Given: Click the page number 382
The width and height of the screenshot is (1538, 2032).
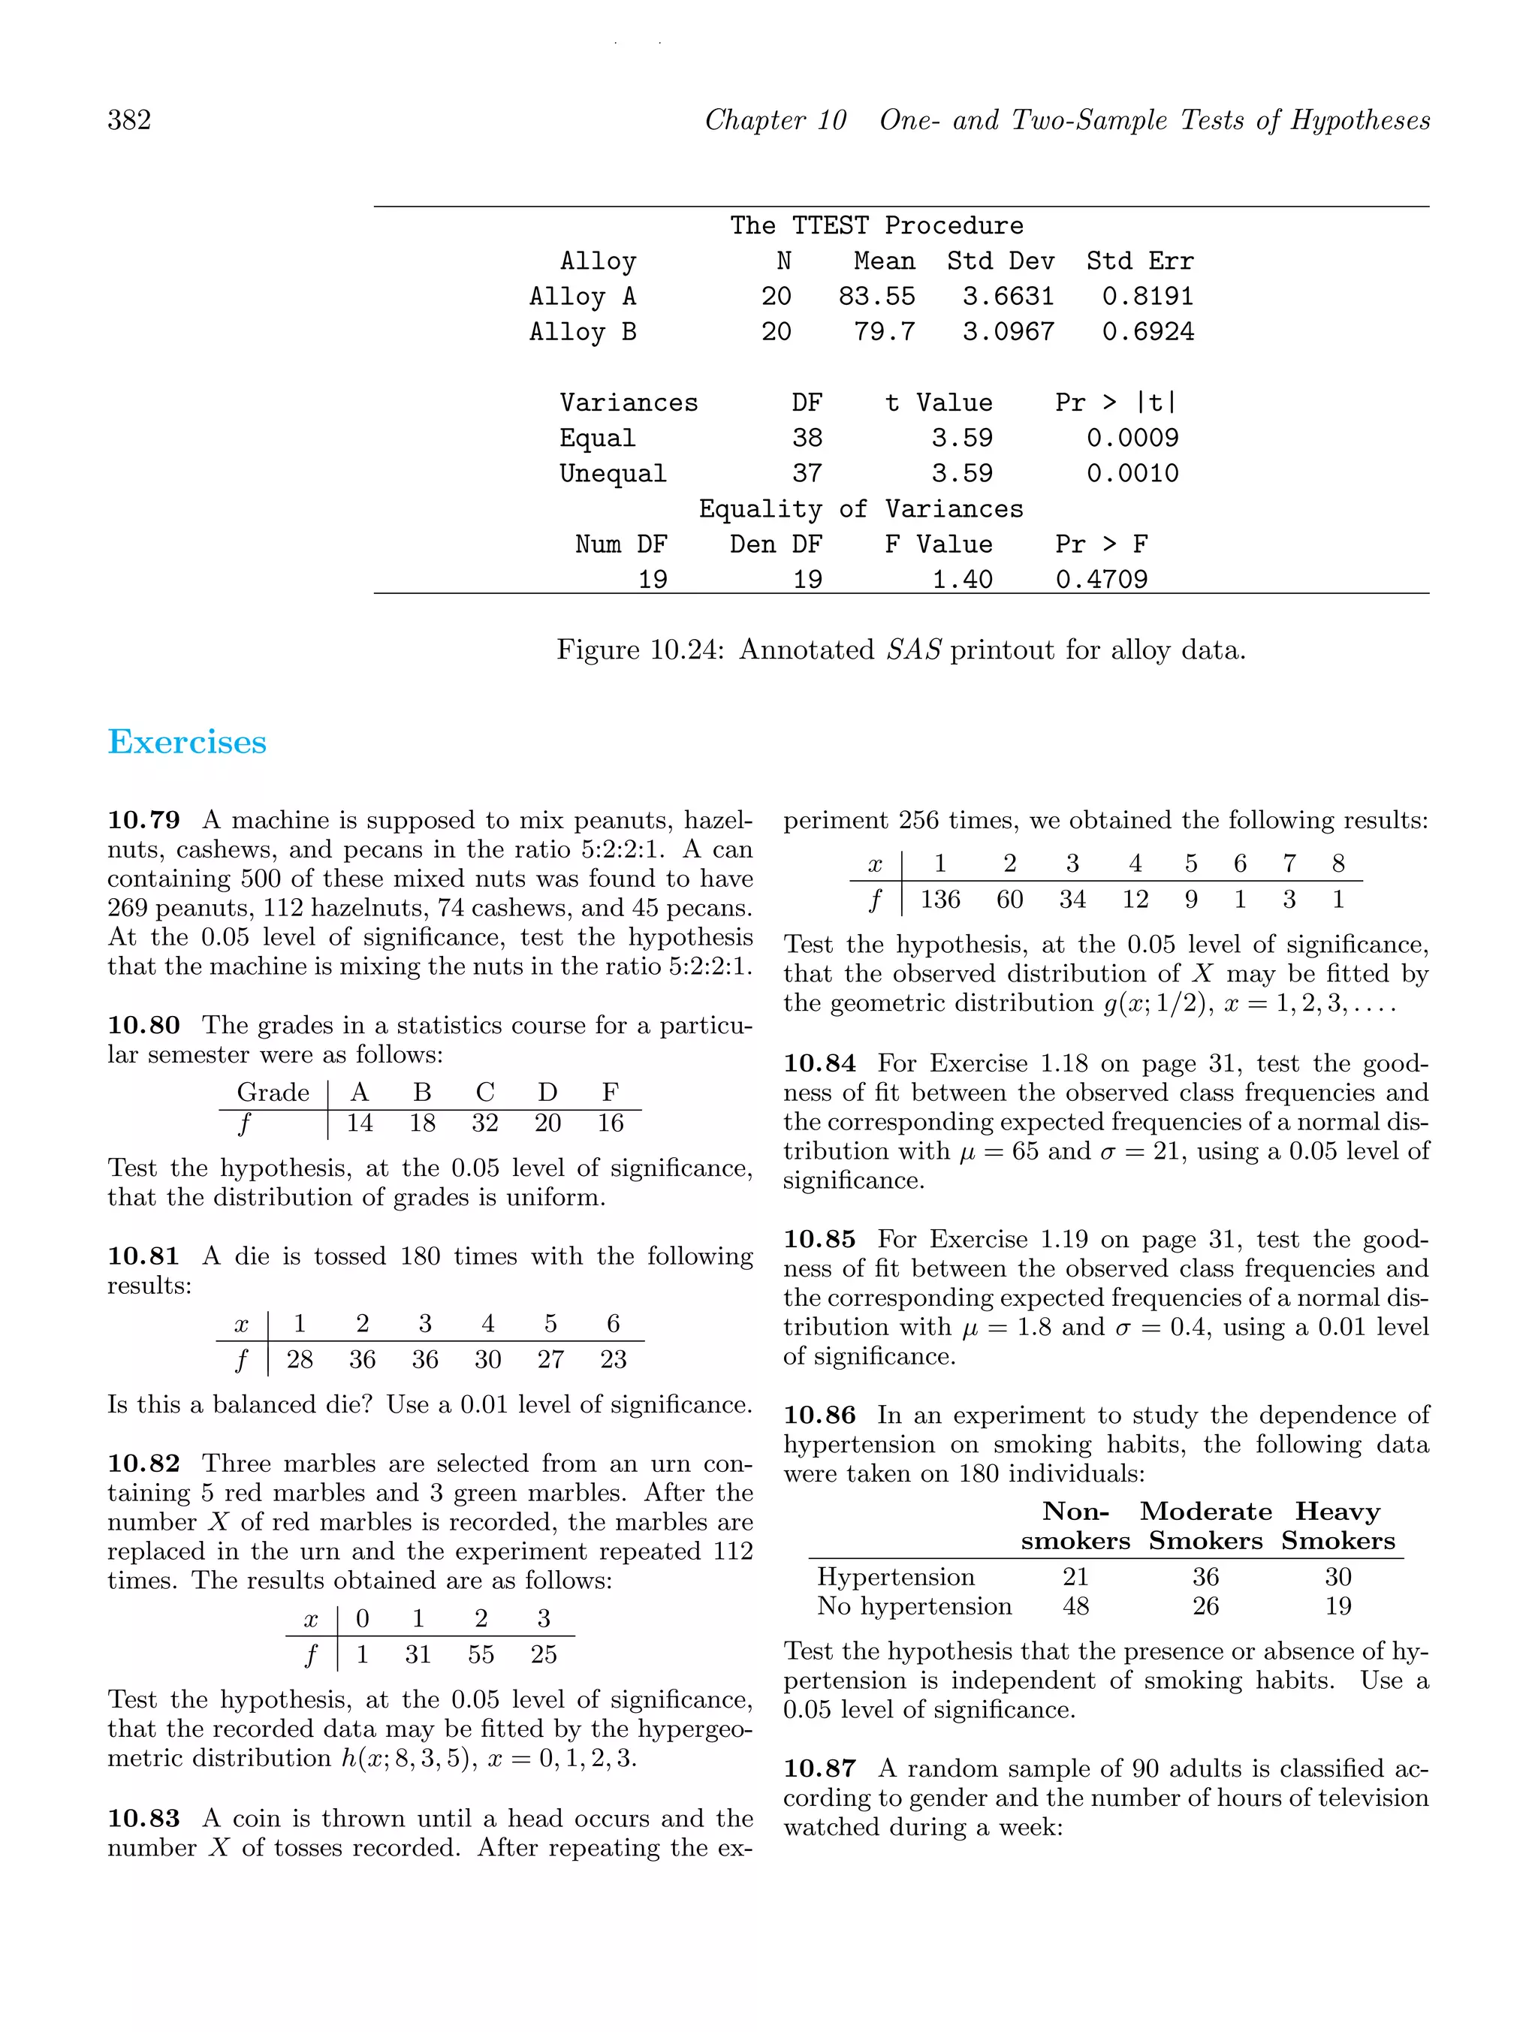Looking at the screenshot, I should click(130, 120).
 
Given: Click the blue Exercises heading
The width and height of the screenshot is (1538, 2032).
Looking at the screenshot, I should click(188, 742).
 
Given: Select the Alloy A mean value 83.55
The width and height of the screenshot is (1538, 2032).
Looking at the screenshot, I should click(876, 297).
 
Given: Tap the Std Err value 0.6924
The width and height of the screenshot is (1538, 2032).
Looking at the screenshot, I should click(1147, 332).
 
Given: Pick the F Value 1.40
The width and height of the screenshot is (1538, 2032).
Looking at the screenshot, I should click(962, 580).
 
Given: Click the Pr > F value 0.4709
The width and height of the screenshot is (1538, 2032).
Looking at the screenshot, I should click(1101, 580).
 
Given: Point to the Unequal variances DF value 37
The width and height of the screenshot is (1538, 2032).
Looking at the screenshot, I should click(807, 473).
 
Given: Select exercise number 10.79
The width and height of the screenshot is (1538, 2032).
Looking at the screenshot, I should click(143, 820).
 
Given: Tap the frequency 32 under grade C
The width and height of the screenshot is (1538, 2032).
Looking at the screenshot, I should click(484, 1123).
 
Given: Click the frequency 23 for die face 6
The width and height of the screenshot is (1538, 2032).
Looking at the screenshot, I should click(613, 1360).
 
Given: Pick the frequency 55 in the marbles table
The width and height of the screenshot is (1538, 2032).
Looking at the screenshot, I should click(481, 1654).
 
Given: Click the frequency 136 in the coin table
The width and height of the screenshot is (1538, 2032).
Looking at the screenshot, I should click(940, 900).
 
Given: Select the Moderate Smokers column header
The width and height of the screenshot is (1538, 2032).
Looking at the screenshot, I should click(1205, 1526).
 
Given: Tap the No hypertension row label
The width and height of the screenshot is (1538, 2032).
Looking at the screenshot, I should click(914, 1605).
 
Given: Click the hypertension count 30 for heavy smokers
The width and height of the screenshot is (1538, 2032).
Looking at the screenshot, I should click(1337, 1576).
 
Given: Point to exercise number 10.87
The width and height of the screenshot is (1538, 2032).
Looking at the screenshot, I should click(819, 1768).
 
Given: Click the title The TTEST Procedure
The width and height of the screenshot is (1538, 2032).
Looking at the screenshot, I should click(876, 226).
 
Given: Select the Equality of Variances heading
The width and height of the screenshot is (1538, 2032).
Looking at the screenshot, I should click(860, 509).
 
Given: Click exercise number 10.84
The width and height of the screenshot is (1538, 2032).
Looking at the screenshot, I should click(819, 1064).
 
